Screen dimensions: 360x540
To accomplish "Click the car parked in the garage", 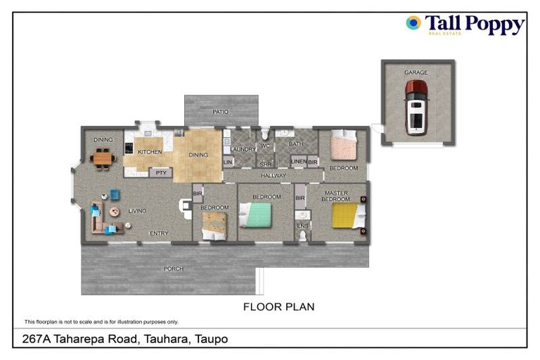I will (x=416, y=108).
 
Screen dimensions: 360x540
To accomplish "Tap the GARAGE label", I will (x=416, y=72).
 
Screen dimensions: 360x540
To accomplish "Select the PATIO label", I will (x=221, y=112).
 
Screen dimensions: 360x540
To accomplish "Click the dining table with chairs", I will (x=103, y=159).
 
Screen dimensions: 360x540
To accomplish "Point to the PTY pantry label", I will (x=161, y=172).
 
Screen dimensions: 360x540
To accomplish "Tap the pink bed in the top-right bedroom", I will (x=345, y=148).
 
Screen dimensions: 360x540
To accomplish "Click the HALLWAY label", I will (x=273, y=176).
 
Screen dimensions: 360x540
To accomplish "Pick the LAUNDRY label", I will (x=243, y=149).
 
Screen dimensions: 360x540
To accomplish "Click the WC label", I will (x=265, y=146).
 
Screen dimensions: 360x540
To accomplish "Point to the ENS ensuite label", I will (x=302, y=225).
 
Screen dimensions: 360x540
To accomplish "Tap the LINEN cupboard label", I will (x=297, y=162).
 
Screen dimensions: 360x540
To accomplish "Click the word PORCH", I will (x=173, y=269).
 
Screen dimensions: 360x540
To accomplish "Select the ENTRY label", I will (x=159, y=233).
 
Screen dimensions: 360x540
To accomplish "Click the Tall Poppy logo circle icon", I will (x=413, y=23).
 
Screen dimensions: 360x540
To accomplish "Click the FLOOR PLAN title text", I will (x=278, y=307).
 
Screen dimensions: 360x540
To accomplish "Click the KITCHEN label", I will (x=150, y=152).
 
